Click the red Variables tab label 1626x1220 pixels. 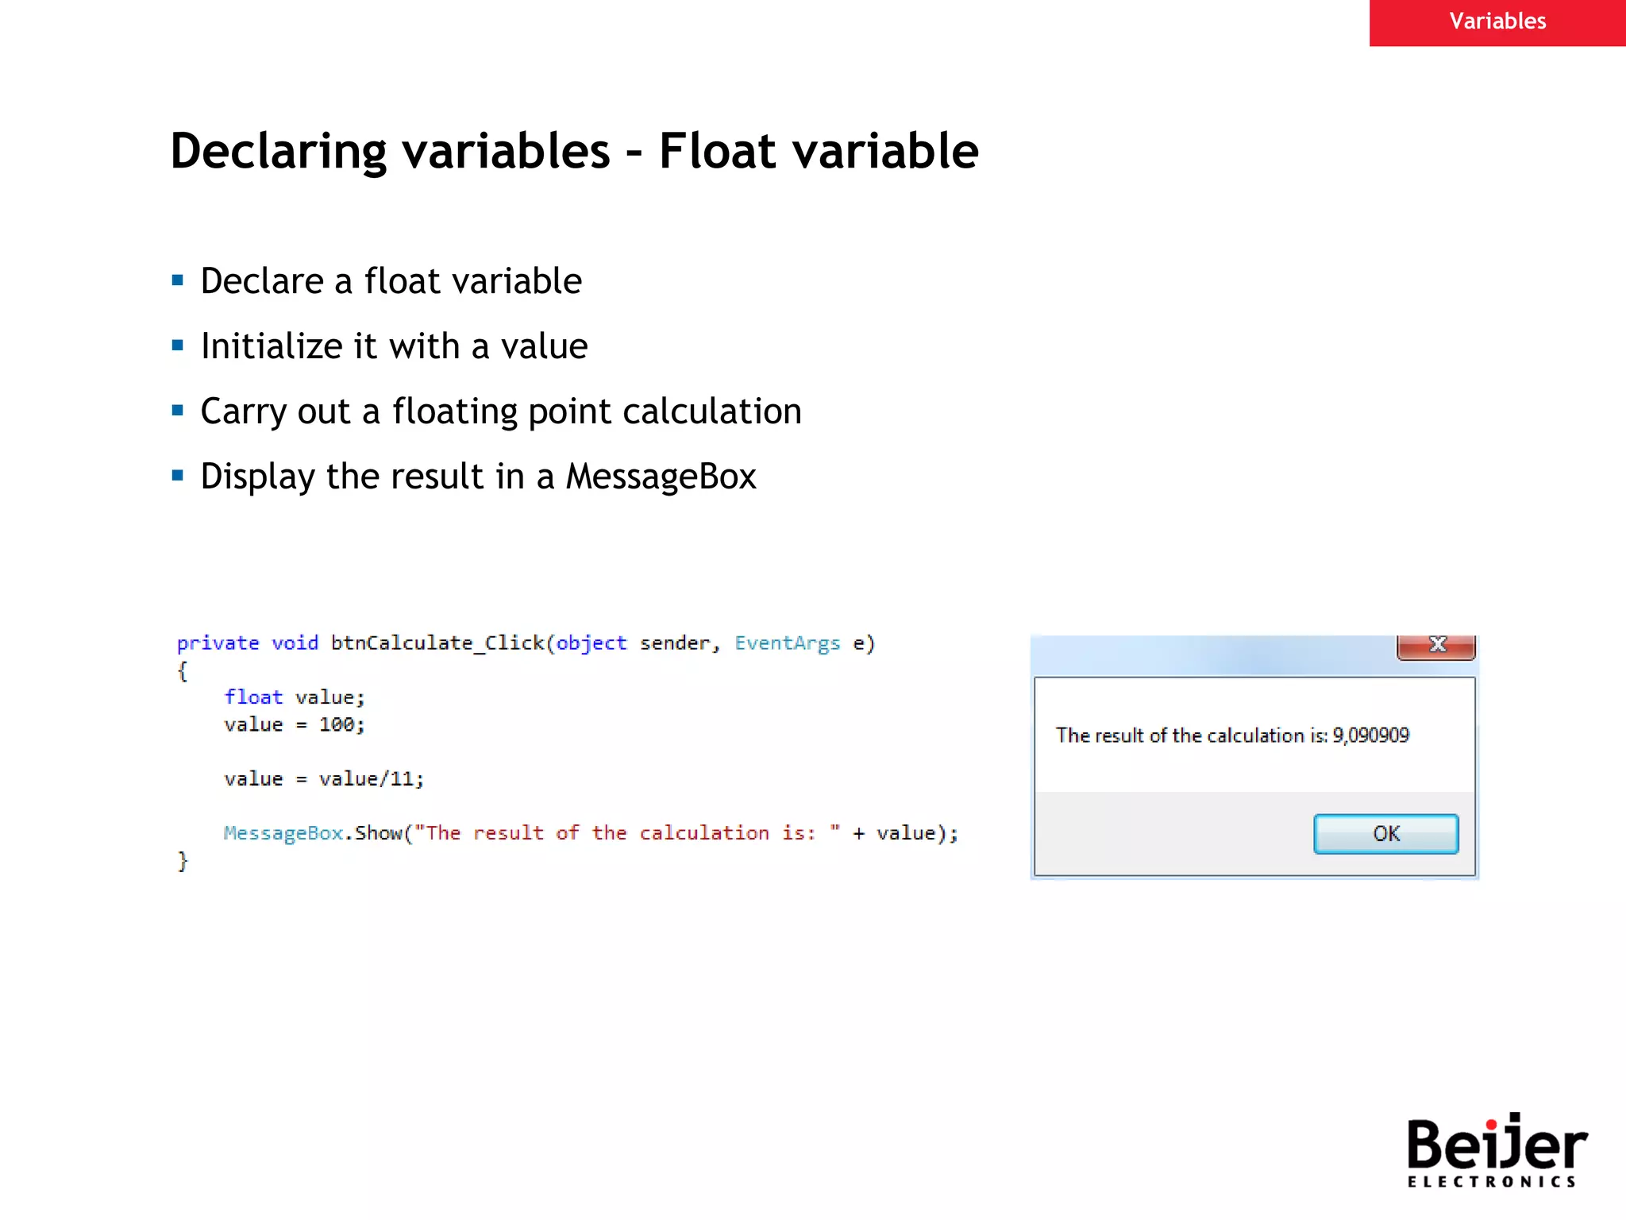point(1497,21)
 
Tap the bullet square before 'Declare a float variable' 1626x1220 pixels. point(178,280)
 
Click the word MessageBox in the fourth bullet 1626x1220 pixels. point(661,477)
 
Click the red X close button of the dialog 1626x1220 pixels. point(1436,646)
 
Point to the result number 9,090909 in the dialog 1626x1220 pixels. point(1370,735)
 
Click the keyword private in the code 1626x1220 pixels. point(218,643)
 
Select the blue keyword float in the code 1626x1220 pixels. point(253,697)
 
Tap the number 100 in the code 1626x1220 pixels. point(337,725)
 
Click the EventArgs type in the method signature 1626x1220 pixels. point(787,643)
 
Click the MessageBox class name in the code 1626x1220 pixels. point(283,833)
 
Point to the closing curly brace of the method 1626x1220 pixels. point(183,861)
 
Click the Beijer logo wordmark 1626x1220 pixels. point(1496,1145)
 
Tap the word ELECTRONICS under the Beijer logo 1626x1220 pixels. point(1491,1182)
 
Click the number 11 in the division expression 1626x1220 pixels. point(402,779)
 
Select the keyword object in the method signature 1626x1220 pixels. point(591,643)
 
